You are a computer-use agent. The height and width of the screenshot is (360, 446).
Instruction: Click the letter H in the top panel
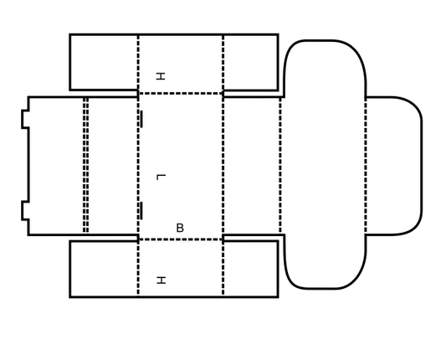(161, 76)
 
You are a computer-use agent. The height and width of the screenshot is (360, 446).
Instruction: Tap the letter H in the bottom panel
(161, 280)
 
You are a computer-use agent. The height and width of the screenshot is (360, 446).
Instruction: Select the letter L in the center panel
(161, 177)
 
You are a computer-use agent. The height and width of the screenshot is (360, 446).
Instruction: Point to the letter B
(180, 228)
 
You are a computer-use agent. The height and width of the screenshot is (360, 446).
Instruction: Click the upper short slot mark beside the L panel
(141, 119)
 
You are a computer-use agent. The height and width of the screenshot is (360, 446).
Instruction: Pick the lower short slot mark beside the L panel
(141, 211)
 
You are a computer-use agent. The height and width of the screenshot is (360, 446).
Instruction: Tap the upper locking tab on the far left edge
(25, 120)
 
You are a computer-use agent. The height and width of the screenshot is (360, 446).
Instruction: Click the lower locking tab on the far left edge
(25, 211)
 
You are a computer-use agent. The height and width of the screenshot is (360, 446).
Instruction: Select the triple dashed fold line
(85, 166)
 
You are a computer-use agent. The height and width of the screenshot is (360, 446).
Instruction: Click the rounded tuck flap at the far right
(393, 166)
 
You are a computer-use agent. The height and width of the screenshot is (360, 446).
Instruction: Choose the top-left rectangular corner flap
(104, 62)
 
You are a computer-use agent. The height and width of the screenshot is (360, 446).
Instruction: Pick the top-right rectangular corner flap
(250, 62)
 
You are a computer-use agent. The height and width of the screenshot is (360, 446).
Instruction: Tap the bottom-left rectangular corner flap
(104, 270)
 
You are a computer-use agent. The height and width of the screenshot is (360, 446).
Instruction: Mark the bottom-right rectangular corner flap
(250, 270)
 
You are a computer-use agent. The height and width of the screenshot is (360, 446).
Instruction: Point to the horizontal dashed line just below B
(181, 239)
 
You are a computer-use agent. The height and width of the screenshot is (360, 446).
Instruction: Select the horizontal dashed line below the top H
(181, 93)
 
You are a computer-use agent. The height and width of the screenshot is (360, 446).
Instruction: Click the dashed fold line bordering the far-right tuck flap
(366, 166)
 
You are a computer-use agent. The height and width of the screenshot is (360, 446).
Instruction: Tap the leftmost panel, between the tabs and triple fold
(56, 166)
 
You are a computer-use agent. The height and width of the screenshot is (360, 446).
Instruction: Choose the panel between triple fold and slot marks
(113, 166)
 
